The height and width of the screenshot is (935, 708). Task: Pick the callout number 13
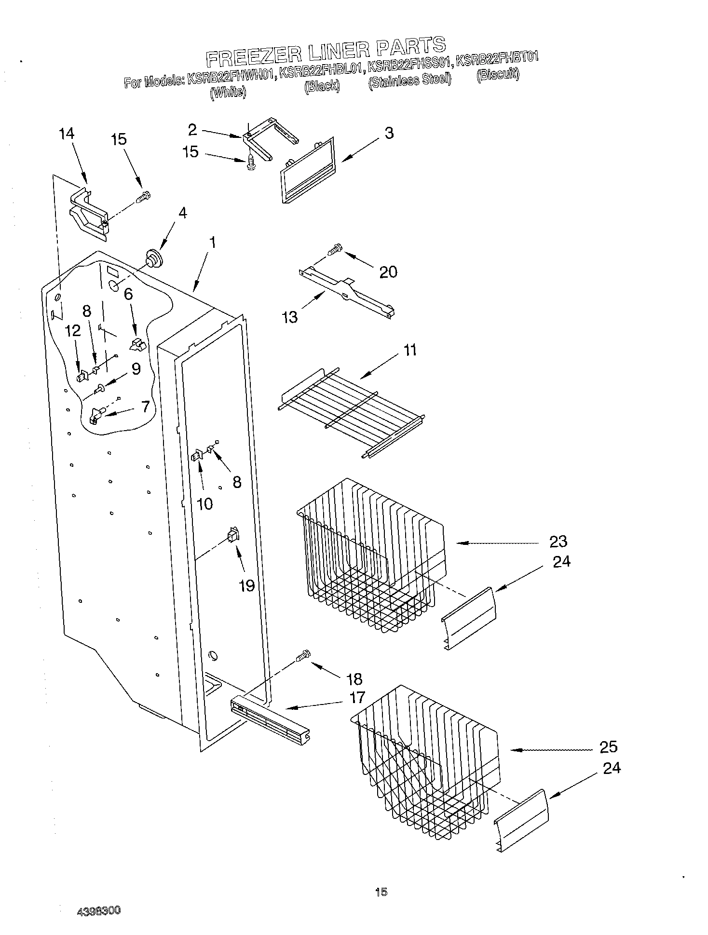pyautogui.click(x=290, y=317)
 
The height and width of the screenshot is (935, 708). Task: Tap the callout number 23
pyautogui.click(x=558, y=541)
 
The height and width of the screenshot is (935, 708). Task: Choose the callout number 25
pyautogui.click(x=608, y=746)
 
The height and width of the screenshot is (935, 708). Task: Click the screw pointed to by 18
pyautogui.click(x=302, y=655)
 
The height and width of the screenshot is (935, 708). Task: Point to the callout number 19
pyautogui.click(x=247, y=585)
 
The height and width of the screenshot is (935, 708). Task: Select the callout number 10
pyautogui.click(x=204, y=504)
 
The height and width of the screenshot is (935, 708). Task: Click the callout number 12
pyautogui.click(x=73, y=331)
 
